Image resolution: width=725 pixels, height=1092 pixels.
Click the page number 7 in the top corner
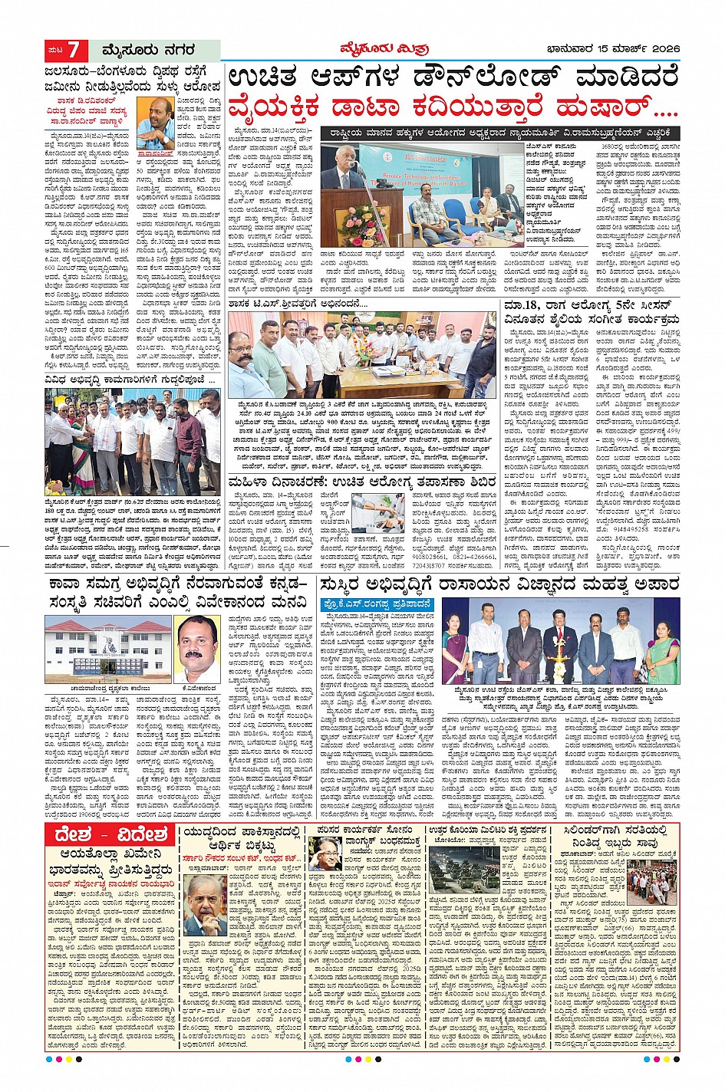[74, 51]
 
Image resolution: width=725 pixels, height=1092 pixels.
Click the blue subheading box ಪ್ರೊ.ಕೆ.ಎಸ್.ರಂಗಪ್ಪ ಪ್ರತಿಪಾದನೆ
[377, 605]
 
